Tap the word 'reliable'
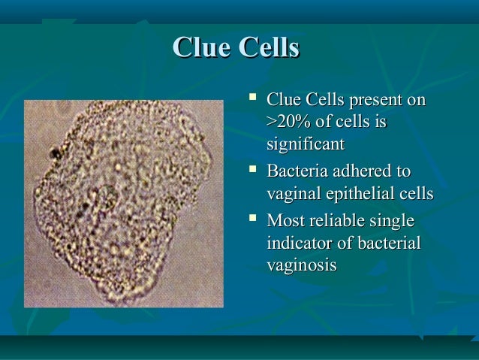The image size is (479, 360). tap(335, 221)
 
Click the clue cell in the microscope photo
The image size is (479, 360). tap(124, 203)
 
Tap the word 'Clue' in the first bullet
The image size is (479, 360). tap(284, 99)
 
